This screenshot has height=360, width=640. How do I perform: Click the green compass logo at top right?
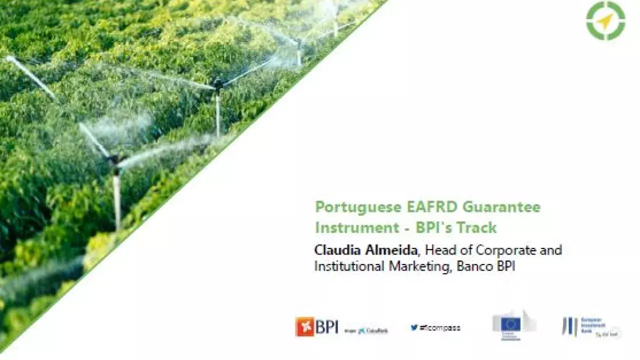coord(605,20)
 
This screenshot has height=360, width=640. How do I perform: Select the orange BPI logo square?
coord(304,327)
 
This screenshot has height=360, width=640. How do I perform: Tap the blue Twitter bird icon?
coord(414,328)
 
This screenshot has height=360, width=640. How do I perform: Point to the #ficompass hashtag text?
coord(440,328)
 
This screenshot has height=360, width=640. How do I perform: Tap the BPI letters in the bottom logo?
coord(326,327)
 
